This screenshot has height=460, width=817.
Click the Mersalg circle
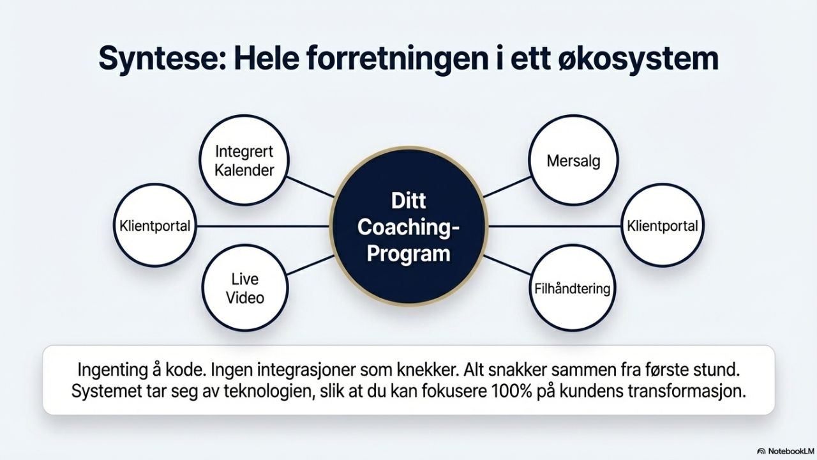pyautogui.click(x=573, y=160)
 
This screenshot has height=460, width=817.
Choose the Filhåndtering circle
pyautogui.click(x=572, y=289)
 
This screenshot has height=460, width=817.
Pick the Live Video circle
pyautogui.click(x=245, y=288)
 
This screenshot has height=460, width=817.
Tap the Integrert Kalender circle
pyautogui.click(x=244, y=160)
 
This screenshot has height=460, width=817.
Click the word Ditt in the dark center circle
pyautogui.click(x=408, y=201)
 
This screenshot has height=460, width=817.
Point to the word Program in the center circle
pyautogui.click(x=408, y=254)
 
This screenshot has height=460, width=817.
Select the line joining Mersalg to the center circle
pyautogui.click(x=507, y=187)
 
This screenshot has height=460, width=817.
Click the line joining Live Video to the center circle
pyautogui.click(x=310, y=265)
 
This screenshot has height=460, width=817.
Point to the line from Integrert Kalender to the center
pyautogui.click(x=311, y=187)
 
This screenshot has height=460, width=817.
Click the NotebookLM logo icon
pyautogui.click(x=761, y=451)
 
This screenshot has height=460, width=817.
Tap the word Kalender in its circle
pyautogui.click(x=244, y=170)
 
